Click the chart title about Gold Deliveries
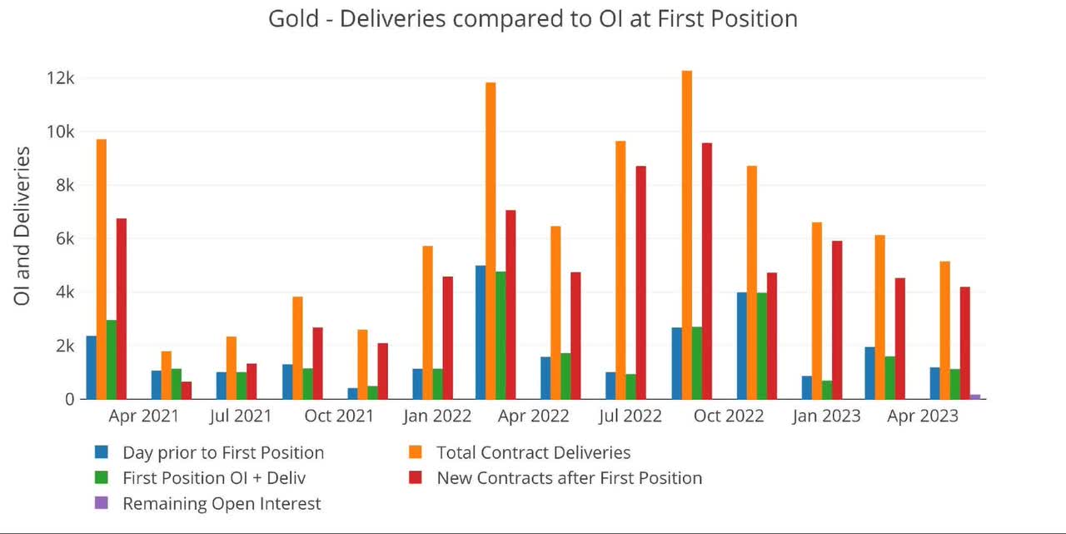(533, 18)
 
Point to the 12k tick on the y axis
(61, 78)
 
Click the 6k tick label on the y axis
(63, 238)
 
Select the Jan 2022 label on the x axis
(437, 416)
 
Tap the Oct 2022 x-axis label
(729, 416)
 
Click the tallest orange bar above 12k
(687, 233)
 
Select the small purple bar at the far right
(974, 397)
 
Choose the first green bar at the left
(111, 359)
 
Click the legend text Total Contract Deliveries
(533, 452)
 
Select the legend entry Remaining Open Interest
(222, 503)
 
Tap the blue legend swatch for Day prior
(102, 452)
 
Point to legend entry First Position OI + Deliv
(214, 478)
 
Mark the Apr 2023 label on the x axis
(923, 416)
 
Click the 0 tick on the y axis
(70, 399)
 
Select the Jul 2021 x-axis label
(241, 416)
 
